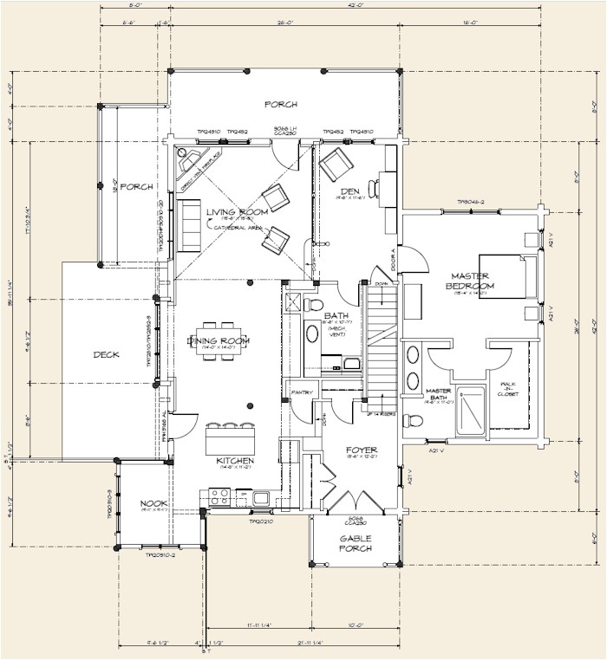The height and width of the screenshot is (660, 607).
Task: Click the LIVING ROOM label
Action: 236,212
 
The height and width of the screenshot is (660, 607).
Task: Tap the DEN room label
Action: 349,191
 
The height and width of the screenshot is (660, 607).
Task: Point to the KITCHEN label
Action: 235,461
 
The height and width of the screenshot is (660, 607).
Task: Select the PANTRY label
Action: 302,392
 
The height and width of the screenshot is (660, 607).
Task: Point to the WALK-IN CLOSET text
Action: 508,391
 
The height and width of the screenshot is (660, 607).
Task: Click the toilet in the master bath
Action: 415,421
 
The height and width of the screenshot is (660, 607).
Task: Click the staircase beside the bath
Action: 382,346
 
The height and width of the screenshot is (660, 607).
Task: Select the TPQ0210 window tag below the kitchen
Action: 261,522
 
